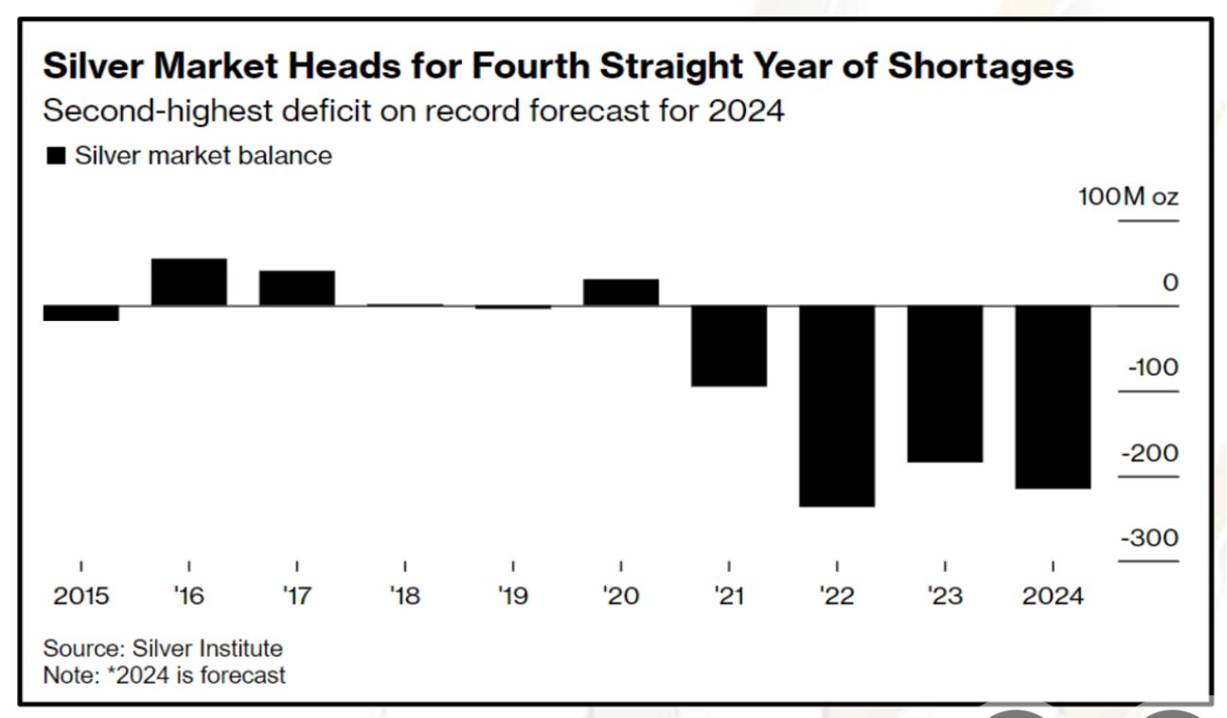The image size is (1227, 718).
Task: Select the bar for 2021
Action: coord(729,346)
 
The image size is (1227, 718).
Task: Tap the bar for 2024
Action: coord(1053,397)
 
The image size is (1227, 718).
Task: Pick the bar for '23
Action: coord(945,384)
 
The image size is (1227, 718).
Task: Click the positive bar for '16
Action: coord(189,281)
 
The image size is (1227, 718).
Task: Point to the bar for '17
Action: coord(297,288)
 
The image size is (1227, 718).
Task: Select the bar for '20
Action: coord(621,292)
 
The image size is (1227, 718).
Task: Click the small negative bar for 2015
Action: coord(81,314)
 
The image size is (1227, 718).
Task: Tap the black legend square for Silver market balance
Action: coord(57,156)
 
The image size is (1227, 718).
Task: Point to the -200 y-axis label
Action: coord(1150,454)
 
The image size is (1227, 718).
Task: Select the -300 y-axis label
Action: coord(1150,539)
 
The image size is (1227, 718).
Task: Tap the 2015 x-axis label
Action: coord(81,597)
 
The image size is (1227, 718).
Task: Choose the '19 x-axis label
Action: coord(513,597)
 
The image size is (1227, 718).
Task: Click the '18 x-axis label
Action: coord(405,597)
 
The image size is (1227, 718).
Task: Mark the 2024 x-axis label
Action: coord(1053,597)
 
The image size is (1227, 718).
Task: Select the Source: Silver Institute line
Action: coord(163,649)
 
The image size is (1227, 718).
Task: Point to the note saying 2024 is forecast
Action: coord(165,675)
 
